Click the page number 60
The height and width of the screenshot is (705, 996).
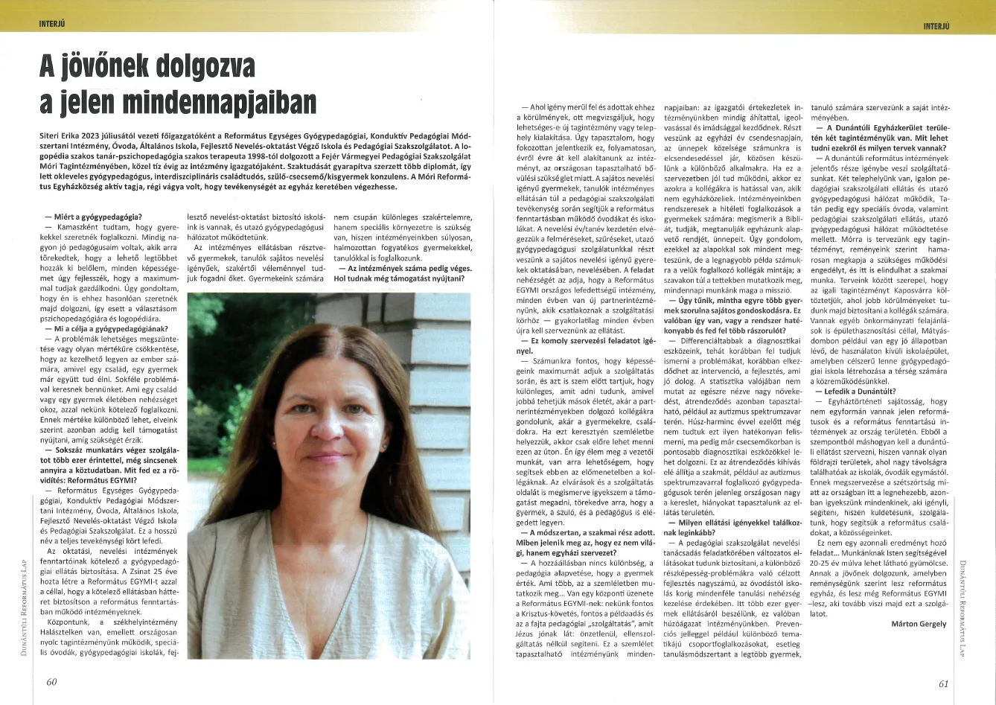(51, 682)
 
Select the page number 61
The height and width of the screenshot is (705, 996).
(944, 683)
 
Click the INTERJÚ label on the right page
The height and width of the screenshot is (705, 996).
(936, 26)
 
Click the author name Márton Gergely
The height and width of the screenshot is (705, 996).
(919, 624)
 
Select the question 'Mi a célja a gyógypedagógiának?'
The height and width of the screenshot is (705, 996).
(104, 328)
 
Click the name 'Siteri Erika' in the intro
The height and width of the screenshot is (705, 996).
(63, 138)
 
